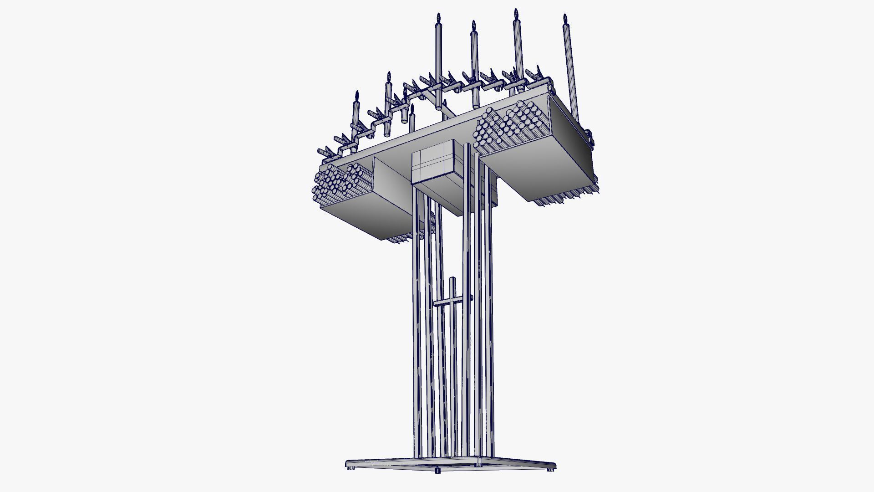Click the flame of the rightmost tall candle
tap(565, 19)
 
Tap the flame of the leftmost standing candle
tap(356, 96)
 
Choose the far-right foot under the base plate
tap(551, 469)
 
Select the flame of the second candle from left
tap(389, 76)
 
